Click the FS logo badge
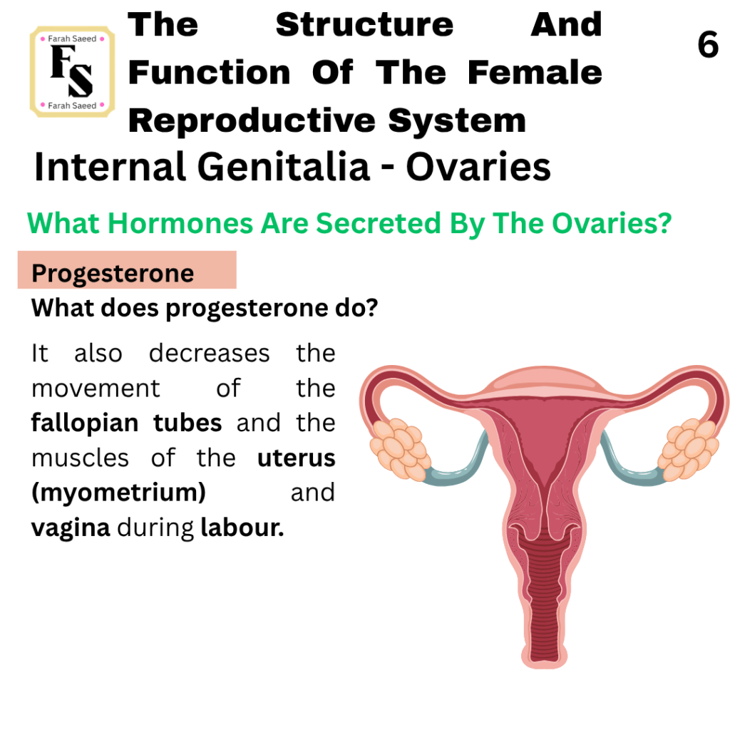click(72, 72)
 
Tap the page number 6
click(708, 45)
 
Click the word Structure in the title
click(364, 25)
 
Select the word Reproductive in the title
click(252, 120)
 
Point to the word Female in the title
click(535, 73)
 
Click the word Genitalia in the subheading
click(284, 167)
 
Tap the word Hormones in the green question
click(180, 223)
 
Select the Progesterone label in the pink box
click(113, 273)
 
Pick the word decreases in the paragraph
click(210, 353)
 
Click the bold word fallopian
click(85, 423)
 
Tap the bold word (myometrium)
click(119, 493)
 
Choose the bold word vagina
click(71, 528)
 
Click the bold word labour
click(242, 528)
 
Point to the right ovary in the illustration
click(688, 449)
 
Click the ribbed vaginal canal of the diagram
click(545, 600)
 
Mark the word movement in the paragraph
click(96, 389)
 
